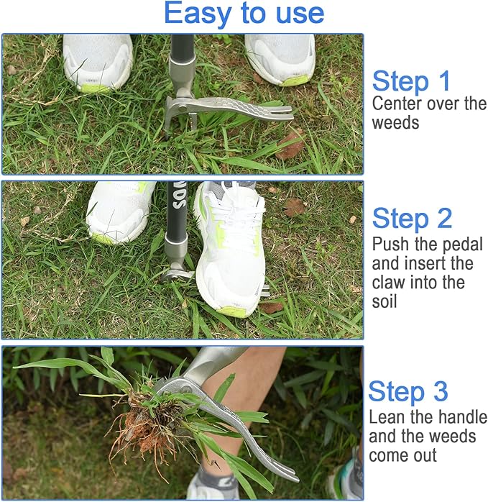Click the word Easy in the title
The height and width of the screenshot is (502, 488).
[194, 14]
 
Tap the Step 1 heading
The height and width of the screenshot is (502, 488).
[411, 81]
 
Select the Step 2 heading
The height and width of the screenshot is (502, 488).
[412, 218]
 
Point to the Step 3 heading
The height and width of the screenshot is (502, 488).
[408, 392]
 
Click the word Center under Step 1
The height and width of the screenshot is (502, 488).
[397, 104]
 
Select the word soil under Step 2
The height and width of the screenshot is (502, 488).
[384, 301]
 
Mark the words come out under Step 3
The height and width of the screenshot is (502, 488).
[402, 455]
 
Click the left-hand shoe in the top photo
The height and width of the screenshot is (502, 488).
[97, 60]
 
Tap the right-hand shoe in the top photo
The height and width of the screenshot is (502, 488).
[281, 58]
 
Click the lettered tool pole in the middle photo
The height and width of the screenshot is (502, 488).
[177, 216]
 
